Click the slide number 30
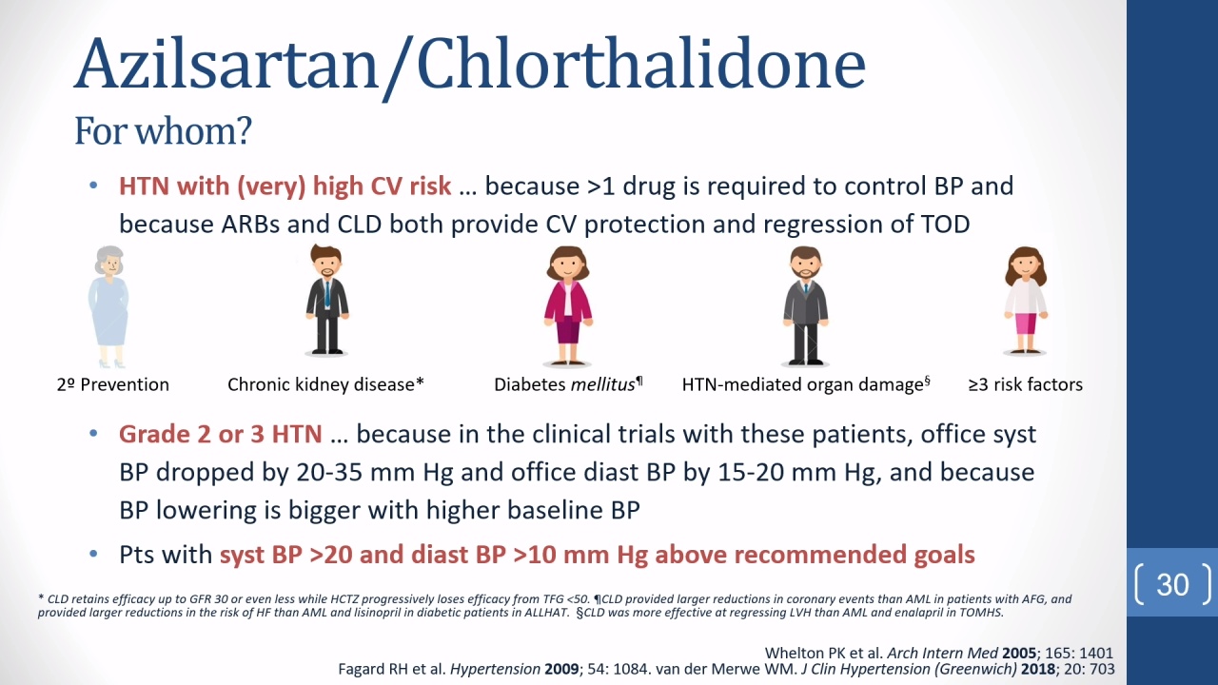click(x=1173, y=585)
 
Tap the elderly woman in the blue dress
click(x=109, y=306)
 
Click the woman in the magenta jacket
click(x=568, y=305)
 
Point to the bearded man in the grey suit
click(x=806, y=305)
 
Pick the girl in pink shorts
click(x=1026, y=301)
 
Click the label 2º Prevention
click(x=113, y=385)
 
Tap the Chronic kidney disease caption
click(x=325, y=385)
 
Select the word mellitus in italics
click(x=602, y=385)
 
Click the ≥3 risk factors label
click(x=1026, y=385)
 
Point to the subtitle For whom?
click(x=163, y=131)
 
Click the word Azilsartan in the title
click(x=226, y=64)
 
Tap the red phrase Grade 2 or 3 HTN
click(x=221, y=435)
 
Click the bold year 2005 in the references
click(x=1019, y=653)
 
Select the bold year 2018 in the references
click(x=1038, y=669)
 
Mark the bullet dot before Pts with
click(x=93, y=555)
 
